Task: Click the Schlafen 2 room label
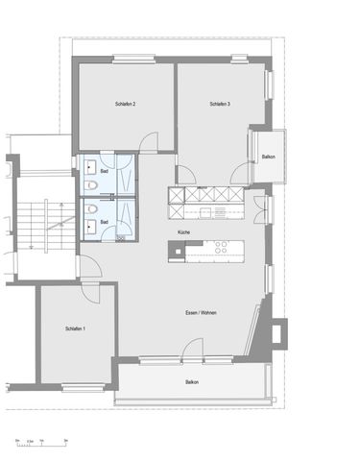[125, 104]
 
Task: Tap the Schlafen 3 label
[220, 104]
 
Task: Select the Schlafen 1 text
[76, 329]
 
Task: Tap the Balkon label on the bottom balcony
[193, 382]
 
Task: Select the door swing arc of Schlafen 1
[90, 292]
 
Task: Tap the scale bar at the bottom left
[38, 440]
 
